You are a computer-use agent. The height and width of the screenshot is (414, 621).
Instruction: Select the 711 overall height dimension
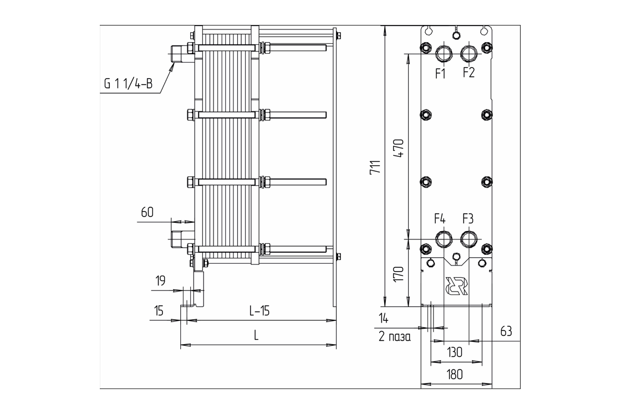(x=376, y=167)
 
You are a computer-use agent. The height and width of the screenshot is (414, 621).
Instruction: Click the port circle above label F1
(x=443, y=54)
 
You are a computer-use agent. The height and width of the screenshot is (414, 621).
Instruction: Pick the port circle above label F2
(x=469, y=54)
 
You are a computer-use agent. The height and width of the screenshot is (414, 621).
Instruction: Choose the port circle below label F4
(x=443, y=239)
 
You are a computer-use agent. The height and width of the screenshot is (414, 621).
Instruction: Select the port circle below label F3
(x=469, y=239)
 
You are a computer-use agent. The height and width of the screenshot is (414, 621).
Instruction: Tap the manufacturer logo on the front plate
(x=456, y=285)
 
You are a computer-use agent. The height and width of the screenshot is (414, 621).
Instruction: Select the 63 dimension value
(x=505, y=331)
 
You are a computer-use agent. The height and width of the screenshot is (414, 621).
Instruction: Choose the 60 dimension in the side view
(x=147, y=212)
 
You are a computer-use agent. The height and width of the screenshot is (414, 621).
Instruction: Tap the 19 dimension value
(x=160, y=281)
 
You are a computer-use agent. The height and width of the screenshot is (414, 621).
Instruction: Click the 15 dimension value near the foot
(x=159, y=310)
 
